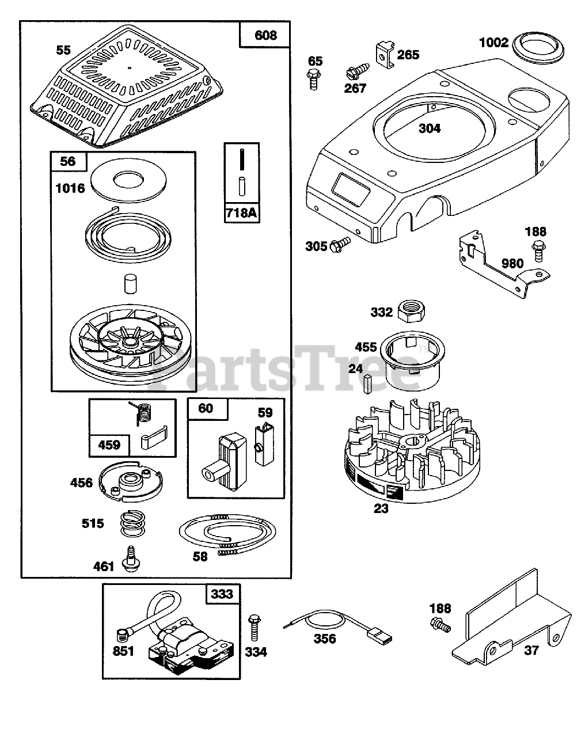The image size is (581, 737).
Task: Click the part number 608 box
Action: pyautogui.click(x=265, y=35)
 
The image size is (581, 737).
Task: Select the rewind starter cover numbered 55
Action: pyautogui.click(x=127, y=92)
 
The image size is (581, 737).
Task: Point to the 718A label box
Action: pyautogui.click(x=241, y=212)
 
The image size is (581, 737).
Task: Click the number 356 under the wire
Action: pyautogui.click(x=325, y=639)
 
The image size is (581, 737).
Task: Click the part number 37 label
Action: pyautogui.click(x=531, y=650)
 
